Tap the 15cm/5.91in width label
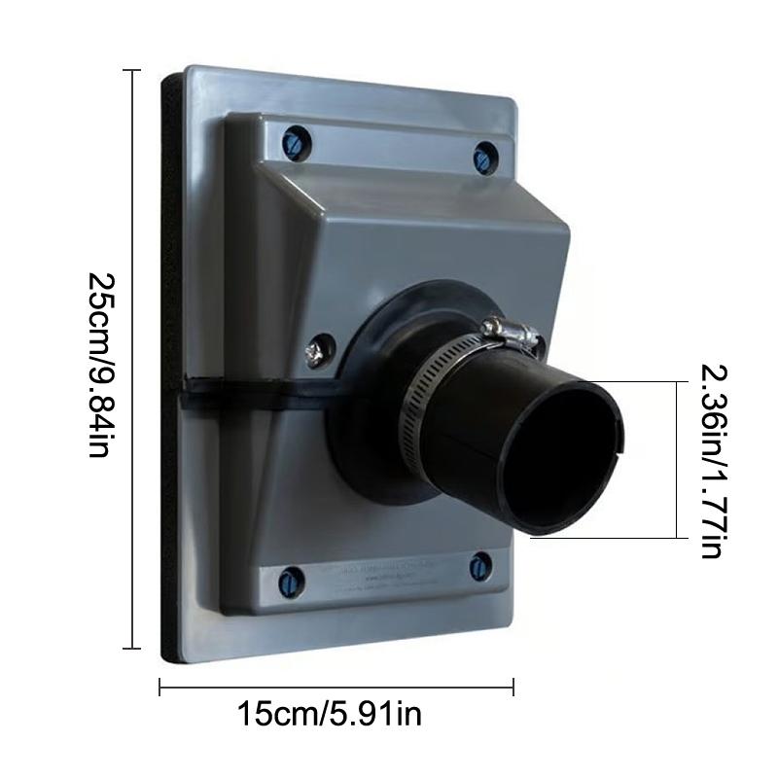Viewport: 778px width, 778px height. coord(330,716)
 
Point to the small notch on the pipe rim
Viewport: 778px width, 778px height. coord(621,446)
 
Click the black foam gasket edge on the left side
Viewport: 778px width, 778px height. coord(167,370)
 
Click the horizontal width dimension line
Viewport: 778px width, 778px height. coord(336,689)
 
